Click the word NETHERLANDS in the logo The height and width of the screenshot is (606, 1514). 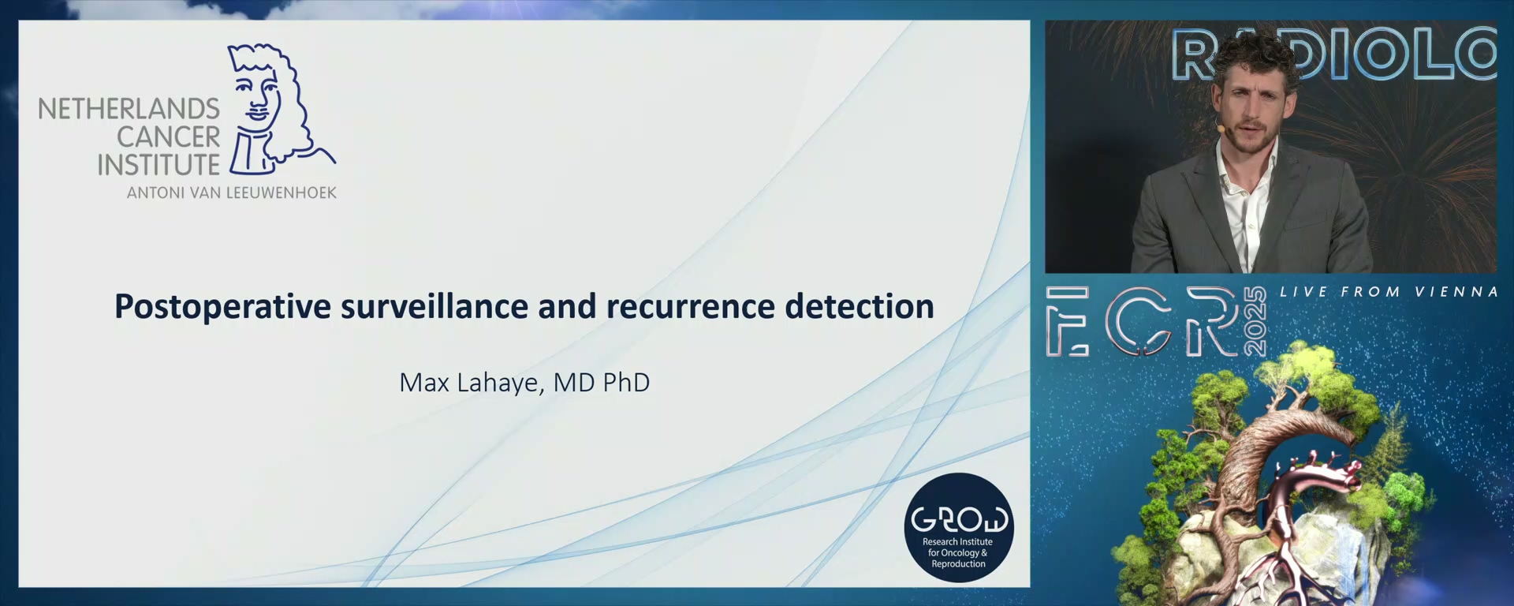point(129,109)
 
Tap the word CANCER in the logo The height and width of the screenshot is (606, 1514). point(169,137)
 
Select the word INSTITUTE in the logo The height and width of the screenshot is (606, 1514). point(158,166)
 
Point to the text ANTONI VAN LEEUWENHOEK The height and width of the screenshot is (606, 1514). point(232,193)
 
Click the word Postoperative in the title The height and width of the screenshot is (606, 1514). point(223,307)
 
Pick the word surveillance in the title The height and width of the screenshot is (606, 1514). point(434,306)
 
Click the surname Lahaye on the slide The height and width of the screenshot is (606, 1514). point(498,383)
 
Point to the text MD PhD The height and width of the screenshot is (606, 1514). point(602,383)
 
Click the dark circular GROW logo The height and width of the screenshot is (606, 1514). point(959,528)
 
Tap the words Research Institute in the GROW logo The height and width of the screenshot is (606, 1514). point(957,542)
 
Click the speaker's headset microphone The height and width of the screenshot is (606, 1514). point(1221,127)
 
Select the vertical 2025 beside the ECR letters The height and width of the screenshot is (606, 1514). point(1255,322)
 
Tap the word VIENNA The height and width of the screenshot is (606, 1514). point(1456,292)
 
